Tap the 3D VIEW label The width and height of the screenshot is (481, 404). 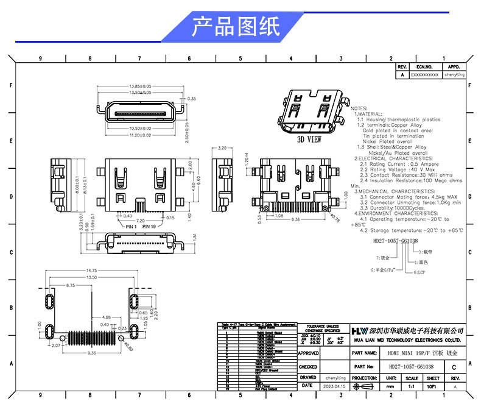point(309,140)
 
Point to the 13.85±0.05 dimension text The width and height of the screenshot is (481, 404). point(140,86)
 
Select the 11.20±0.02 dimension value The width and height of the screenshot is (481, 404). point(140,135)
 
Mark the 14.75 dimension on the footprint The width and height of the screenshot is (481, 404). point(91,271)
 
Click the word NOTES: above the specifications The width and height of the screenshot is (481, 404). point(359,107)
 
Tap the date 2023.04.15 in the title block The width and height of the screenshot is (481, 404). point(335,386)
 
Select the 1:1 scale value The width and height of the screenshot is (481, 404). point(412,386)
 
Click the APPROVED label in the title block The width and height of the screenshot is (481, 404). point(309,353)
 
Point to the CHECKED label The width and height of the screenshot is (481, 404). point(308,367)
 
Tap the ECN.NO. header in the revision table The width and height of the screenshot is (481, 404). point(424,66)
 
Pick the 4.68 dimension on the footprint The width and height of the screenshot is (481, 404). point(106,317)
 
